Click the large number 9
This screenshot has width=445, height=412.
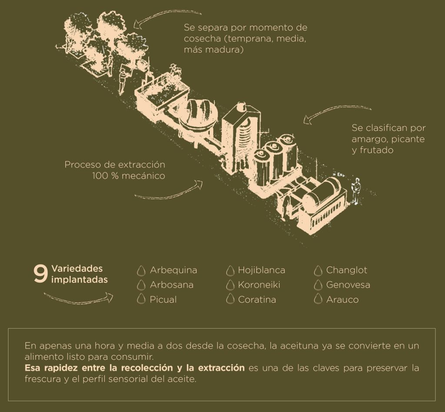40,274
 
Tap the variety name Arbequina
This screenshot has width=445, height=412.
173,270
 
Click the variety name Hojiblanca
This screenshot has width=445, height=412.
261,270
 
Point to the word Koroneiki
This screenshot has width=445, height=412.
259,285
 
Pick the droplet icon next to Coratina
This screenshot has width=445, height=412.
230,299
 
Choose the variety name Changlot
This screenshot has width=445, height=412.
346,270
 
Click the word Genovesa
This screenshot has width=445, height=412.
348,285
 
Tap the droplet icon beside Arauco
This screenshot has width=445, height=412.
319,299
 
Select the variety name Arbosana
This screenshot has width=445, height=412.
171,285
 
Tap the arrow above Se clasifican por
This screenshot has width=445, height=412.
337,112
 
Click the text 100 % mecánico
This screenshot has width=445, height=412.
129,176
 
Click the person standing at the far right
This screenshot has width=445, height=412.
356,191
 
